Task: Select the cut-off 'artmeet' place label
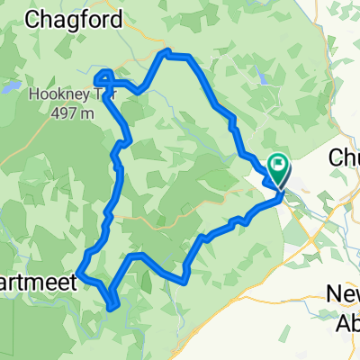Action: pyautogui.click(x=37, y=281)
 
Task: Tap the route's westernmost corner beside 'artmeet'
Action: pyautogui.click(x=78, y=270)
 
